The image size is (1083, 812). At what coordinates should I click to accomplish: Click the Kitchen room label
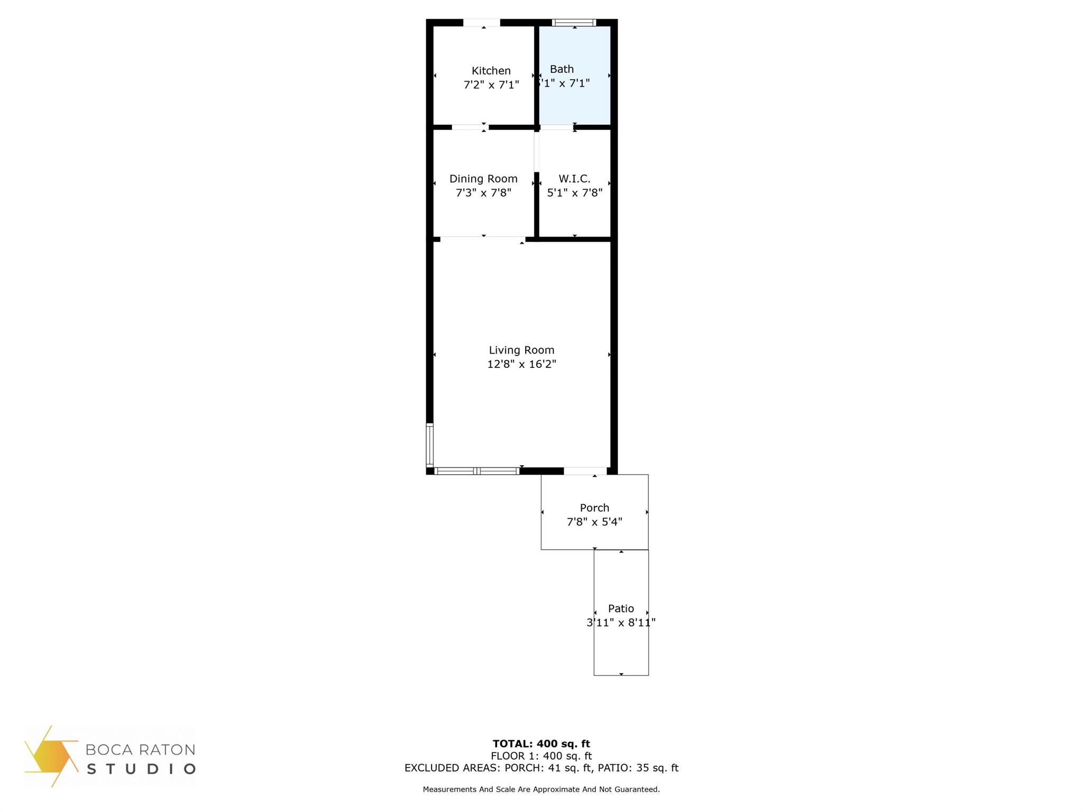click(491, 71)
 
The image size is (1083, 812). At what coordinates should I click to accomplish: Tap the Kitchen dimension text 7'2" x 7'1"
click(491, 85)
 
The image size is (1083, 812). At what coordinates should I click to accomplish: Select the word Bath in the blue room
click(562, 69)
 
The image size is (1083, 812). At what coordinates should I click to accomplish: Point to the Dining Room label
click(483, 179)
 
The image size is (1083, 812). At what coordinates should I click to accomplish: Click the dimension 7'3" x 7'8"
click(483, 193)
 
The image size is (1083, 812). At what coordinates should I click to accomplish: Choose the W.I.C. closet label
click(574, 179)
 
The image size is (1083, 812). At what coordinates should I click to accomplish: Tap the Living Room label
click(521, 350)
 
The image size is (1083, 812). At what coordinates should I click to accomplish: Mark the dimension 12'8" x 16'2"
click(521, 364)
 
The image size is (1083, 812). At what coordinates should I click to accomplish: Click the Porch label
click(594, 508)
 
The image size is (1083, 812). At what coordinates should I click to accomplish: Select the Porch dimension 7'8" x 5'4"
click(594, 522)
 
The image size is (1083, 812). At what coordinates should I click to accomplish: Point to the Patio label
click(621, 608)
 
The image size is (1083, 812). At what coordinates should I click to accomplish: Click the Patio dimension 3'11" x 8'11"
click(621, 623)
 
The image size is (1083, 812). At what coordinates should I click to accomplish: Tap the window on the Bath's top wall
click(574, 23)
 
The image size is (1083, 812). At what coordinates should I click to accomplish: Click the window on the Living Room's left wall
click(430, 445)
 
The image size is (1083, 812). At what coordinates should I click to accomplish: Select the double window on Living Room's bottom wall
click(476, 471)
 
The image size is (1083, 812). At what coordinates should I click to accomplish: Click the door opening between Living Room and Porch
click(585, 471)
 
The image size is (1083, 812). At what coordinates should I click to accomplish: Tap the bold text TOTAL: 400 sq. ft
click(541, 744)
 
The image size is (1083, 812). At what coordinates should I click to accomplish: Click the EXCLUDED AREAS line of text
click(541, 768)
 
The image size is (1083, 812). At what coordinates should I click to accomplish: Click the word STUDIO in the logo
click(141, 769)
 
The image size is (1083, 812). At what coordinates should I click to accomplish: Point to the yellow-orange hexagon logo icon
click(50, 756)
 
